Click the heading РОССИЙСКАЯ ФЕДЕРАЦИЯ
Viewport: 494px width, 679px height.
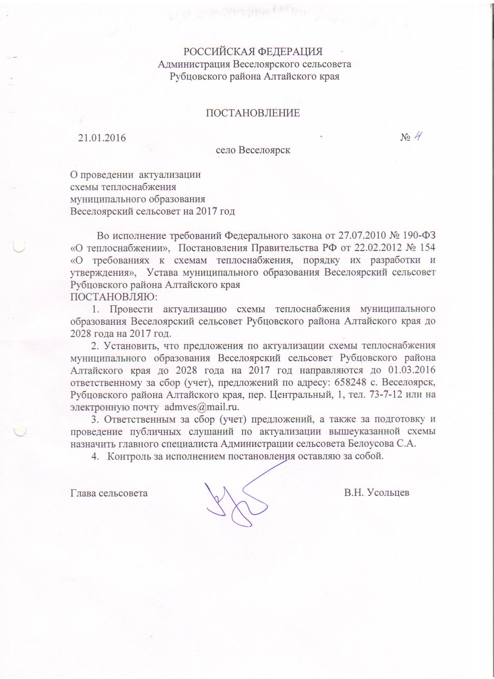tap(253, 52)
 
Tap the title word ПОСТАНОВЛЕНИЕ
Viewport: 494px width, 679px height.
tap(253, 113)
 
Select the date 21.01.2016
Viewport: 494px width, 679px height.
tap(102, 138)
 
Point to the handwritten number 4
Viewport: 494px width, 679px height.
tap(418, 137)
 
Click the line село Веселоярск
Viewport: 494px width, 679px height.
tap(253, 150)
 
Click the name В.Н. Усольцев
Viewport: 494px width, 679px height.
tap(377, 493)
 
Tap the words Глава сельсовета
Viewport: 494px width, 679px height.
tap(109, 493)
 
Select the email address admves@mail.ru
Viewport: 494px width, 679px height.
tap(201, 407)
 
